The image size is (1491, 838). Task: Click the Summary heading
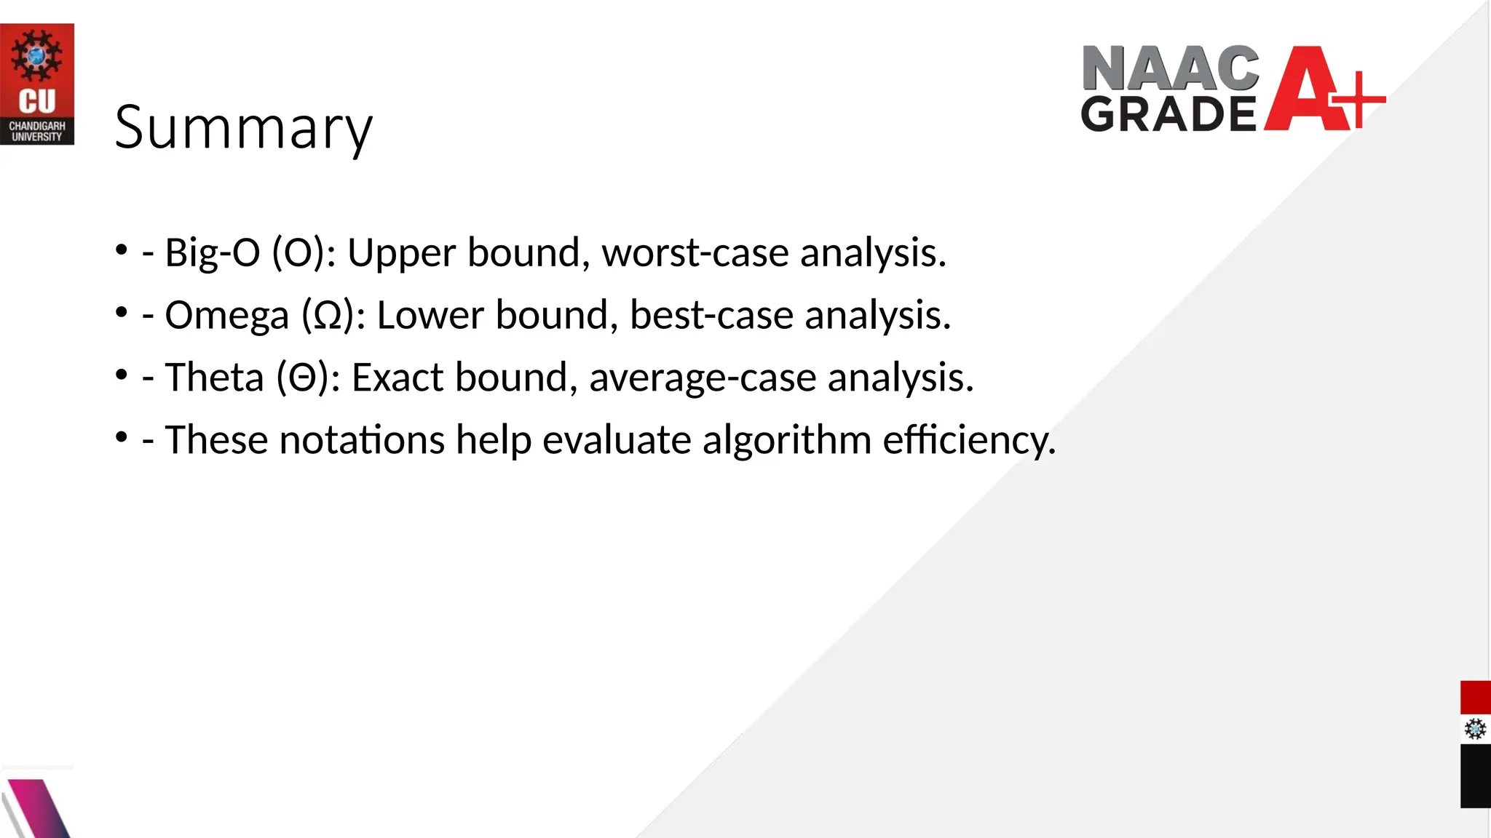click(243, 128)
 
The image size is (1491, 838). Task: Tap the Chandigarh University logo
click(36, 84)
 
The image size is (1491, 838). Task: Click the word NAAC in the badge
click(1170, 68)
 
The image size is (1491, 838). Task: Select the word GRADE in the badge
click(1168, 113)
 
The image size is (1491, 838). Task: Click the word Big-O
click(212, 253)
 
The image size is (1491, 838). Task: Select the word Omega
click(226, 316)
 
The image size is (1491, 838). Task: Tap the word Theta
click(213, 378)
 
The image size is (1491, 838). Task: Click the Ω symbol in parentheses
click(328, 316)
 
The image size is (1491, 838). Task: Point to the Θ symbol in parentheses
click(302, 378)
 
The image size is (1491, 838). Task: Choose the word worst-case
click(695, 253)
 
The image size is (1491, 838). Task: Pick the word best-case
click(711, 316)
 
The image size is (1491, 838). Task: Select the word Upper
click(401, 253)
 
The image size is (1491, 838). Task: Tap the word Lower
click(430, 316)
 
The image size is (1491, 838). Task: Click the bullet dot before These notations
click(122, 437)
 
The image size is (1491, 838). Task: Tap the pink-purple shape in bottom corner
click(40, 807)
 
